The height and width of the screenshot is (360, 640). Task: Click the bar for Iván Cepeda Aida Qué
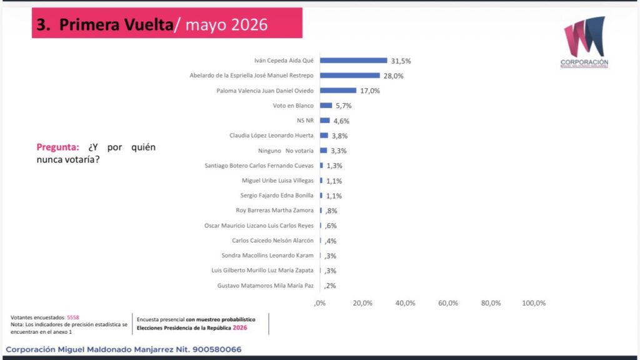[x=354, y=61]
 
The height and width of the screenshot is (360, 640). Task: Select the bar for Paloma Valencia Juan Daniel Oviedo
[x=338, y=90]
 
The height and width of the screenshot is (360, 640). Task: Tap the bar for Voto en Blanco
[x=326, y=105]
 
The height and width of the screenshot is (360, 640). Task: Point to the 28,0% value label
[x=394, y=76]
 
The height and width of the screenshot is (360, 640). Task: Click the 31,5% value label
[x=401, y=61]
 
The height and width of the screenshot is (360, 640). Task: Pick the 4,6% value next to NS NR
[x=341, y=121]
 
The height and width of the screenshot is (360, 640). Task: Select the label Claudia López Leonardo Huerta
[x=271, y=136]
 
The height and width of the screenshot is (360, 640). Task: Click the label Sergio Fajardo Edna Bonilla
[x=277, y=196]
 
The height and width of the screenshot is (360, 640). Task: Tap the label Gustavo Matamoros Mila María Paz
[x=265, y=286]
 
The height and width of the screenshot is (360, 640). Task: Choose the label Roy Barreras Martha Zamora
[x=275, y=211]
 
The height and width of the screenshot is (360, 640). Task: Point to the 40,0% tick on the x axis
[x=405, y=303]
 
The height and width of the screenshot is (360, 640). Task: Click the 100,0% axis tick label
[x=534, y=303]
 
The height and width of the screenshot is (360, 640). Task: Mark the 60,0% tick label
[x=448, y=303]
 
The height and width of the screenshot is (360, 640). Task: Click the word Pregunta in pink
[x=57, y=147]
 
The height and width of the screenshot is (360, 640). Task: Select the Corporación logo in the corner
[x=584, y=42]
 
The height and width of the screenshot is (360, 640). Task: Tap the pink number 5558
[x=73, y=317]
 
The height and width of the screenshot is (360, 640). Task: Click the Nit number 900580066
[x=217, y=349]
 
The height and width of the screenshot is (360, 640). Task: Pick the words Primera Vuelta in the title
[x=116, y=24]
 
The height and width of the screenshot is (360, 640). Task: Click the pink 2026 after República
[x=240, y=327]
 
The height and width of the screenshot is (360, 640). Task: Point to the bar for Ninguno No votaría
[x=324, y=151]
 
